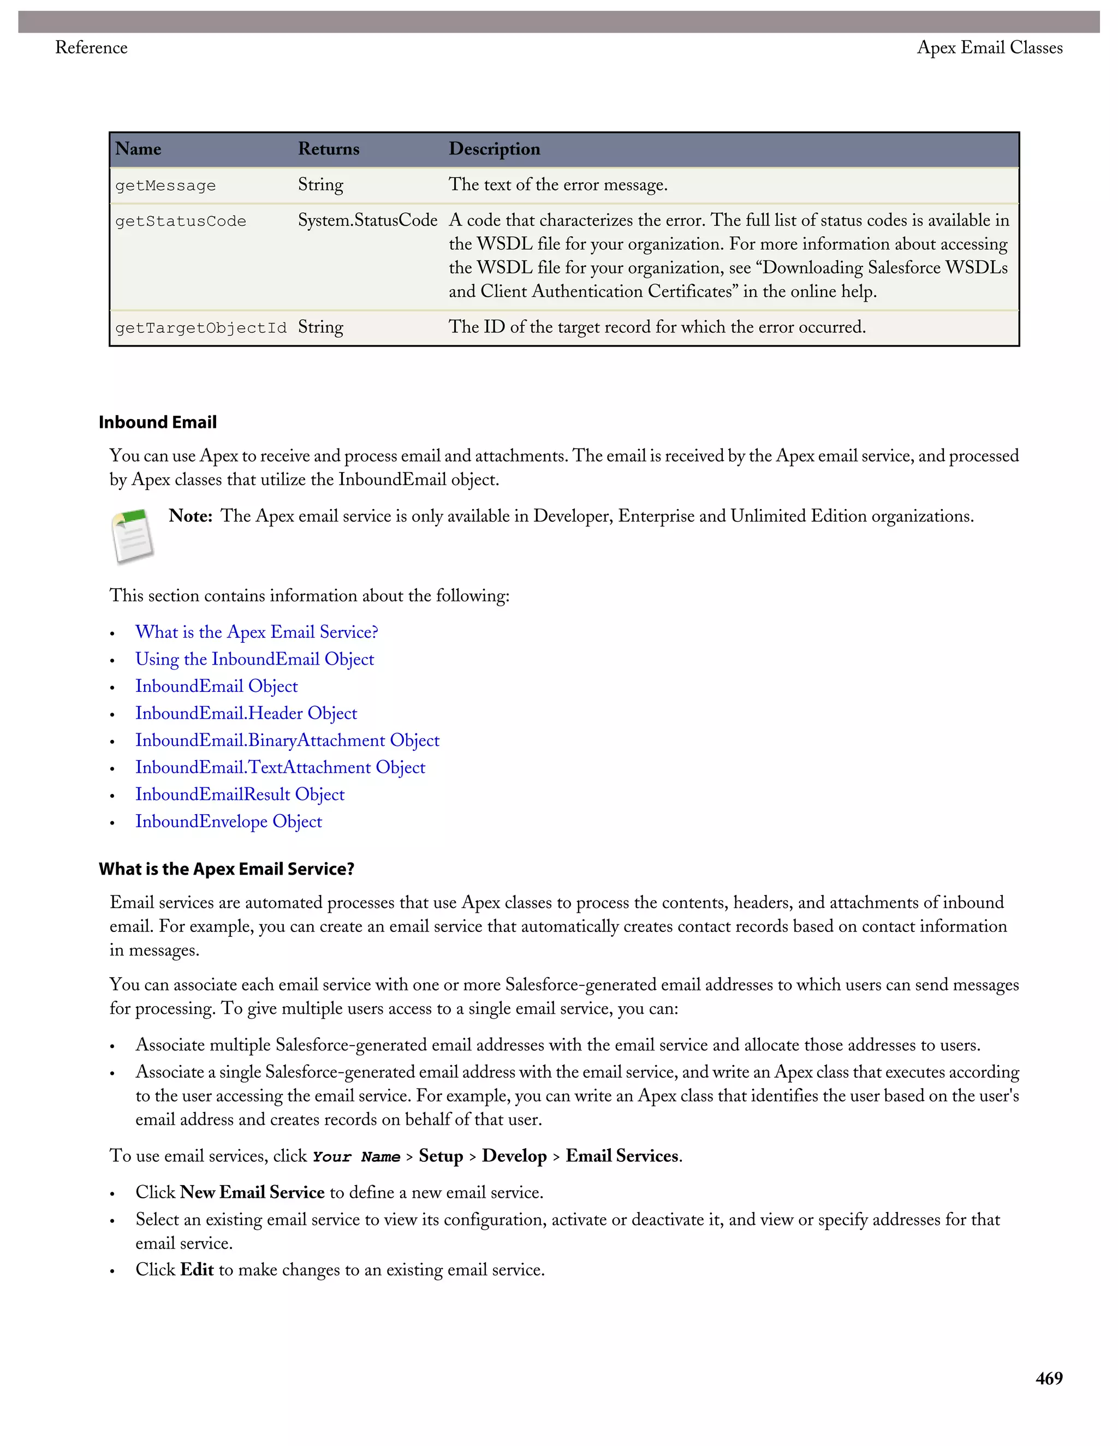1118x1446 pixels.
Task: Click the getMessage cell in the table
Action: pos(165,186)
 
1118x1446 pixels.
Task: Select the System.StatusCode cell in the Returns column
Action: pos(367,220)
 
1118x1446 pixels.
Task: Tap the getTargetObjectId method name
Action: pos(201,328)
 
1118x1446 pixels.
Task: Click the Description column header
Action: pos(494,149)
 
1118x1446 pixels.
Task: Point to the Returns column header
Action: pos(329,149)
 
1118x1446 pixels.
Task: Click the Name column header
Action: pos(139,149)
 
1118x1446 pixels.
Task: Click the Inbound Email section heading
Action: pos(158,422)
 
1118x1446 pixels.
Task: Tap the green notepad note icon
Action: pos(133,536)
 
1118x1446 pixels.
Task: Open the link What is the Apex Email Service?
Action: pos(257,632)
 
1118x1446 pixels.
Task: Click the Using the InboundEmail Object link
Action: pos(254,660)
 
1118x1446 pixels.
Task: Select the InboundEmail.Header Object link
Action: pos(246,714)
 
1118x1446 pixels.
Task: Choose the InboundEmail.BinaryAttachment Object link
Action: pos(287,741)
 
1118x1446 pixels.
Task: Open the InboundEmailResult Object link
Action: pos(240,794)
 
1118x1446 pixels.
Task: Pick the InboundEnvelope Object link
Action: pos(229,822)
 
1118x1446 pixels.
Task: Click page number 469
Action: pos(1049,1378)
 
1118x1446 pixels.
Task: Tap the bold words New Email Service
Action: pos(252,1192)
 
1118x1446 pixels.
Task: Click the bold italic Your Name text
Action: pos(356,1157)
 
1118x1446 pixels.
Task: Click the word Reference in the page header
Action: pos(91,47)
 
